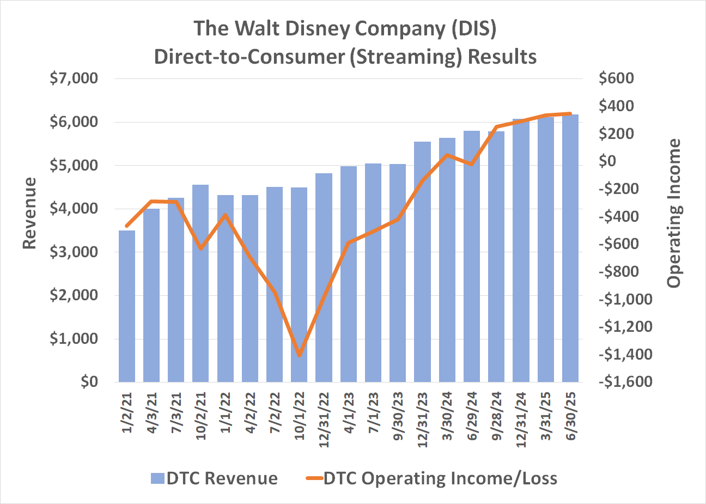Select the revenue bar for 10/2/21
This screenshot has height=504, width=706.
pos(201,283)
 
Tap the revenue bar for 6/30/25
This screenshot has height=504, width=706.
pos(570,248)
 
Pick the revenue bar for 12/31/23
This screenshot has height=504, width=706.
pos(422,262)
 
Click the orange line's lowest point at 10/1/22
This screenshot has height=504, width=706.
pos(300,355)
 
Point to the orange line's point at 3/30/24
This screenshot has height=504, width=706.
pos(447,155)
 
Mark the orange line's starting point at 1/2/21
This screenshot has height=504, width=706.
pos(127,226)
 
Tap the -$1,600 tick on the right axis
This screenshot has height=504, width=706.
pos(625,382)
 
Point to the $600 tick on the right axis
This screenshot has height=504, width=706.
pos(616,78)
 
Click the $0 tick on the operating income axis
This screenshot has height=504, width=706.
pos(608,161)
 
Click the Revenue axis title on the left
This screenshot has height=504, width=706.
pos(29,214)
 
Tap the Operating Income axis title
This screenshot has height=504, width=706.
pos(674,214)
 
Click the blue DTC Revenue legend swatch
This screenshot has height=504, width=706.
pos(157,478)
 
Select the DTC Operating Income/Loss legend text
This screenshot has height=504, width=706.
pos(440,478)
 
